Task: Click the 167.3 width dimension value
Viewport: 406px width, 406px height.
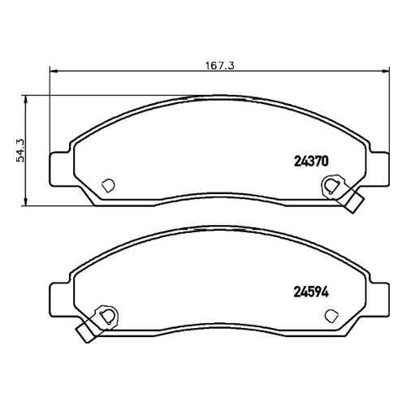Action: [220, 66]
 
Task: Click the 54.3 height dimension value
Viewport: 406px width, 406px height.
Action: [20, 150]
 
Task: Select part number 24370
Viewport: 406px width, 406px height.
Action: [311, 162]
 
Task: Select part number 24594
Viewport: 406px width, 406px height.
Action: [311, 292]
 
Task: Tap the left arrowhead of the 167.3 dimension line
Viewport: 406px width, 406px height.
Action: [54, 71]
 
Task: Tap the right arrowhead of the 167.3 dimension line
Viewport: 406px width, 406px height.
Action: [385, 71]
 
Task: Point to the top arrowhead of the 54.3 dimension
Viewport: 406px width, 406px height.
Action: [26, 100]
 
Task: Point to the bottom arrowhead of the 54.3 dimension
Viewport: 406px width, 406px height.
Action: [26, 201]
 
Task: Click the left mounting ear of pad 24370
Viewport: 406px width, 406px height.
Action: [59, 169]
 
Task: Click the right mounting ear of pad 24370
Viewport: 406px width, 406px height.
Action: [379, 169]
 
